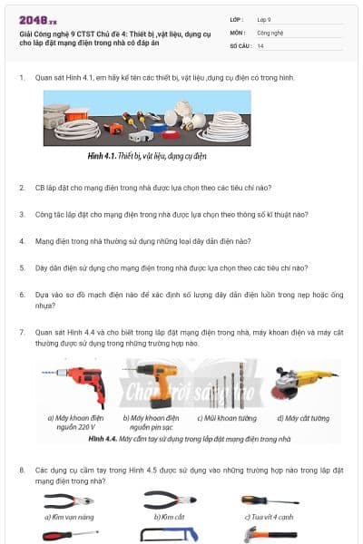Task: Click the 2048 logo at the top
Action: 38,19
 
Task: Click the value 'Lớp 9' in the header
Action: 264,19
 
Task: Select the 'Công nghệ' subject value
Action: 271,32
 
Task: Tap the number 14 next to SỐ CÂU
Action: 260,44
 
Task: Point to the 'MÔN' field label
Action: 236,32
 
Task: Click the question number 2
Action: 22,188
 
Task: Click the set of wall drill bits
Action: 233,385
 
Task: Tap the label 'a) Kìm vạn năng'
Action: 68,516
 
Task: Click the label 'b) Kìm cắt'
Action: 170,516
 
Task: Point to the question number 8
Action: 22,470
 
